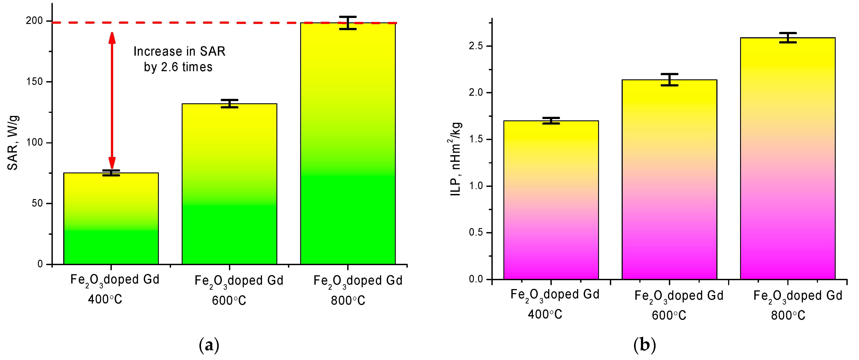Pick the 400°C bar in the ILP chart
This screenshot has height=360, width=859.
551,200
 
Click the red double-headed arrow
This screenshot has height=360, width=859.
112,100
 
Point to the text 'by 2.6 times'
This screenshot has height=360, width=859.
178,67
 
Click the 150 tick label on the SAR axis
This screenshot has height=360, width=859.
35,82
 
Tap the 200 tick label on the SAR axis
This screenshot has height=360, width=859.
35,21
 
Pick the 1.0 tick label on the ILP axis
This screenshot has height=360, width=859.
476,186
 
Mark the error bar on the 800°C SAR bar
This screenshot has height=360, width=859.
348,23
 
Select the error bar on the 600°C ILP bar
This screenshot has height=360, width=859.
669,80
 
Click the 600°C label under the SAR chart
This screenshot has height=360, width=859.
229,301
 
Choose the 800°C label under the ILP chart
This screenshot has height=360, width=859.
788,315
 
